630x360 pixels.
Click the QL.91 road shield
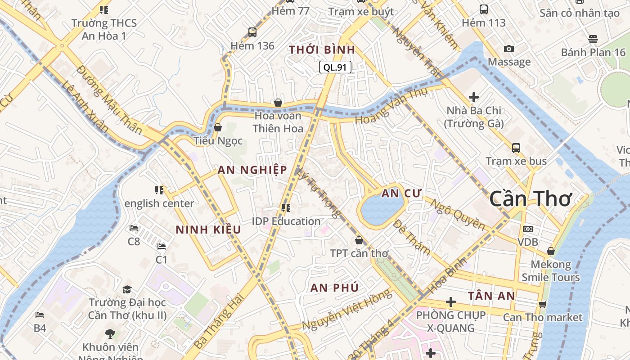pyautogui.click(x=335, y=67)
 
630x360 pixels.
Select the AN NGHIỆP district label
pyautogui.click(x=252, y=170)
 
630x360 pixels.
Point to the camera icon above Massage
pyautogui.click(x=509, y=49)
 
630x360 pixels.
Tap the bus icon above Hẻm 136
pyautogui.click(x=252, y=32)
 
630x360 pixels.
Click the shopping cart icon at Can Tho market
pyautogui.click(x=542, y=304)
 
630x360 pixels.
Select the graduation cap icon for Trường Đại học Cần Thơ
pyautogui.click(x=127, y=289)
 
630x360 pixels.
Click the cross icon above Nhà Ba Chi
pyautogui.click(x=473, y=97)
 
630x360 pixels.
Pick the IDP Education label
pyautogui.click(x=286, y=221)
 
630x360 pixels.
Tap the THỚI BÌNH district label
pyautogui.click(x=322, y=50)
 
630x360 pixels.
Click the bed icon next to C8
pyautogui.click(x=134, y=228)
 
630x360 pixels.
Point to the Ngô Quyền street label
pyautogui.click(x=457, y=214)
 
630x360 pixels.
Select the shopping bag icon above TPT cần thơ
pyautogui.click(x=359, y=240)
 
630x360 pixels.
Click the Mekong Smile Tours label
pyautogui.click(x=550, y=270)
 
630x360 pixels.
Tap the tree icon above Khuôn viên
pyautogui.click(x=110, y=333)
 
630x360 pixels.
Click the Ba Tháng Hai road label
pyautogui.click(x=219, y=321)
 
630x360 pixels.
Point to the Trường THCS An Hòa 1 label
pyautogui.click(x=104, y=29)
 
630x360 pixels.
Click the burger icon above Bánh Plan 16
pyautogui.click(x=593, y=39)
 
